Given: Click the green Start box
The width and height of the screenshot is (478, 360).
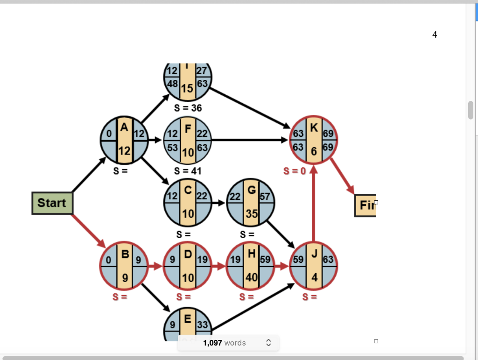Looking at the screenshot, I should pyautogui.click(x=52, y=203).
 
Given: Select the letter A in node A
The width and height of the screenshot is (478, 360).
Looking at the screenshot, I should pyautogui.click(x=124, y=127).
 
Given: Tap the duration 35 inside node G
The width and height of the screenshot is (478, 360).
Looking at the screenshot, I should pyautogui.click(x=251, y=214).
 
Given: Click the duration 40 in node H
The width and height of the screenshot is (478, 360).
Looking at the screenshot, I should pyautogui.click(x=251, y=277).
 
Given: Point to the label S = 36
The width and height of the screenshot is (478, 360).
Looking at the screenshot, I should pyautogui.click(x=188, y=108).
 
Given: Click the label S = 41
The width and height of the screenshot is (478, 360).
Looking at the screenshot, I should pyautogui.click(x=188, y=171).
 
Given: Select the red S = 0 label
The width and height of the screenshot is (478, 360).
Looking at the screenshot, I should pyautogui.click(x=295, y=171).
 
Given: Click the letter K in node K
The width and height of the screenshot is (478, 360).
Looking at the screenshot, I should pyautogui.click(x=314, y=128).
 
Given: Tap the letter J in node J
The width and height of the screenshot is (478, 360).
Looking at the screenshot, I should pyautogui.click(x=314, y=254).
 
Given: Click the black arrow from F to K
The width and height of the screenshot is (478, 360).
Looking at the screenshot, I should pyautogui.click(x=250, y=140).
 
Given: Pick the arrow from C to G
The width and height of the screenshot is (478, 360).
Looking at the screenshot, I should pyautogui.click(x=218, y=203).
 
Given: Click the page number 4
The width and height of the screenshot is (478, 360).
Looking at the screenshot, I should pyautogui.click(x=435, y=35).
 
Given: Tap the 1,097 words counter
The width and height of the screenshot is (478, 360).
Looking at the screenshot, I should pyautogui.click(x=225, y=343).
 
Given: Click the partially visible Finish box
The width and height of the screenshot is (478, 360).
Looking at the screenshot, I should pyautogui.click(x=366, y=205).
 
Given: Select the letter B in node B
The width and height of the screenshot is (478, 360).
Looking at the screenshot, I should pyautogui.click(x=125, y=254).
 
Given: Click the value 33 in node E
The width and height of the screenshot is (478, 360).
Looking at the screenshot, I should pyautogui.click(x=202, y=325).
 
